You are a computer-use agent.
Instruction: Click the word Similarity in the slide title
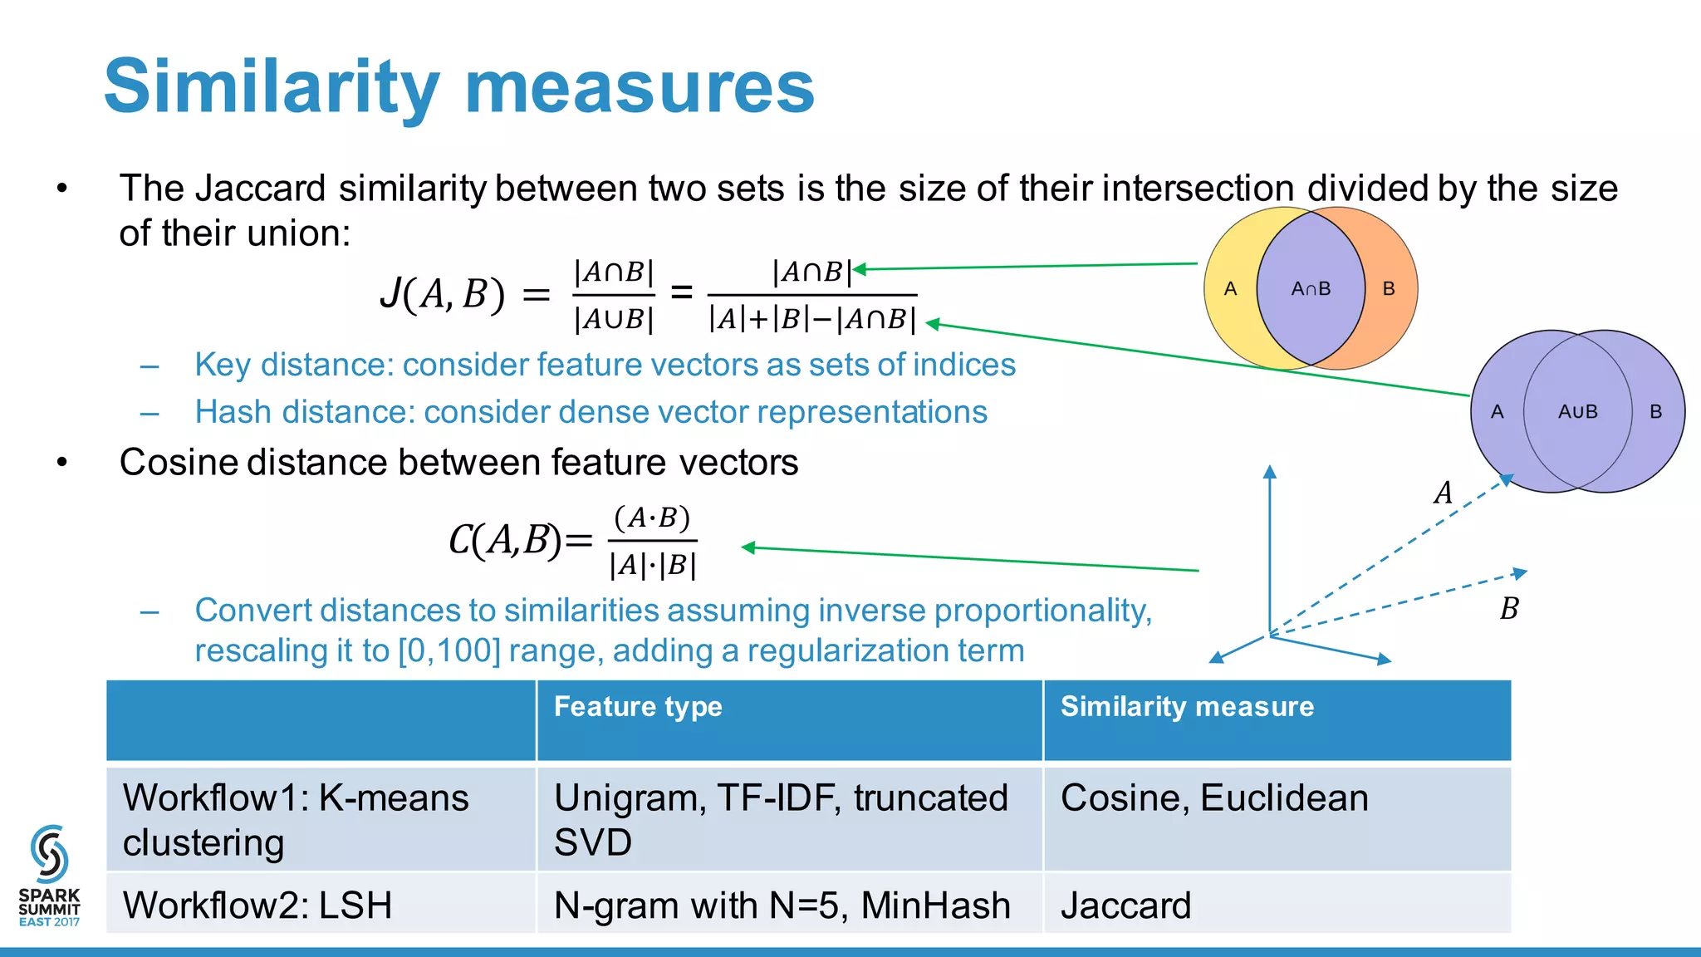[272, 87]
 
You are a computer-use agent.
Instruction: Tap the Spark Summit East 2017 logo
[49, 876]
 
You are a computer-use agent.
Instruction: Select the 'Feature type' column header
[638, 706]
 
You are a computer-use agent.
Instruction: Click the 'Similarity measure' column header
[1187, 706]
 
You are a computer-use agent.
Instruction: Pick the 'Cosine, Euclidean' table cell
[1214, 798]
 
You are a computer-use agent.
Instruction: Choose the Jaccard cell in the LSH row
[1125, 905]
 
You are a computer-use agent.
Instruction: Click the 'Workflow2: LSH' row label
[257, 905]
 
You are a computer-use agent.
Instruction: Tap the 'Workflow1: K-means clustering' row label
[295, 820]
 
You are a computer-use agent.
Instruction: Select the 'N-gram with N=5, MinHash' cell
[782, 905]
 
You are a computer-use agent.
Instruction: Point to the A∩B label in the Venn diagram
[1311, 289]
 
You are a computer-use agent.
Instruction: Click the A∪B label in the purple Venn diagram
[1577, 412]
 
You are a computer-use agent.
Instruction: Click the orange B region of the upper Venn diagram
[1389, 289]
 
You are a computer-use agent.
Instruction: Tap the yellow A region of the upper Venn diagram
[1231, 289]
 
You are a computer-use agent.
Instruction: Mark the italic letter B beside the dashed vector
[1509, 609]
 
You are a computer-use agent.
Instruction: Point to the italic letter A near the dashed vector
[1444, 493]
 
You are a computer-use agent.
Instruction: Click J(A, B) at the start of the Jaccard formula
[442, 294]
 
